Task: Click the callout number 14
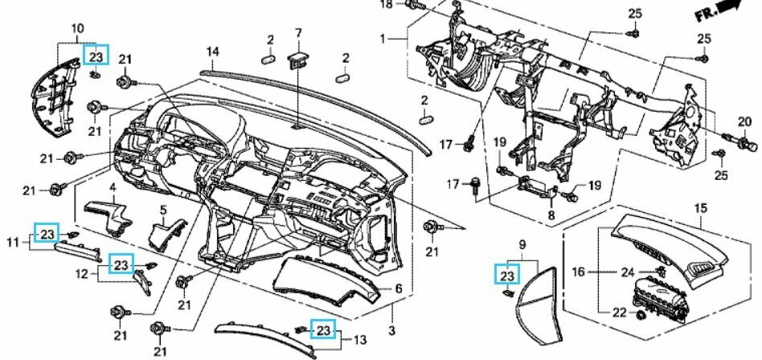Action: coord(212,52)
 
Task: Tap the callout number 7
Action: coord(297,33)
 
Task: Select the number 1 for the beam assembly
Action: coord(383,38)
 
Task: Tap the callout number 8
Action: coord(551,215)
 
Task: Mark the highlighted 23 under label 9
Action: coord(506,276)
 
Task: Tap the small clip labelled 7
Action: coord(299,58)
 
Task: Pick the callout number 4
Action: coord(113,188)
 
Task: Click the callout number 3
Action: coord(392,331)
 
